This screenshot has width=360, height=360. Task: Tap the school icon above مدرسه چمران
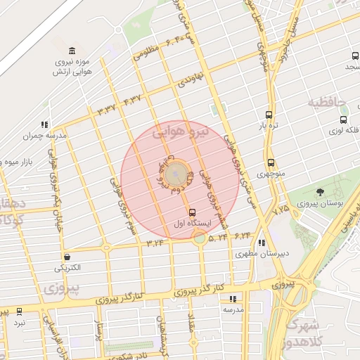coord(45,124)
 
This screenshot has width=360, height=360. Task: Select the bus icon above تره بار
coord(269,115)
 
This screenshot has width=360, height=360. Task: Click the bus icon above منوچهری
coord(271,162)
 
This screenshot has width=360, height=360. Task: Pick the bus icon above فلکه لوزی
coord(343,120)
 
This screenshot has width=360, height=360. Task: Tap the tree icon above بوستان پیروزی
coord(321,192)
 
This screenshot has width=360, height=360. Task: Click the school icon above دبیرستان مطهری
coord(262,243)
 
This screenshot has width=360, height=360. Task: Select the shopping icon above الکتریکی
coord(67,257)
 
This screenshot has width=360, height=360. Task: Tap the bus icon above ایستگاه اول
coord(192,212)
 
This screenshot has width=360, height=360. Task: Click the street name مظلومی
coord(147,50)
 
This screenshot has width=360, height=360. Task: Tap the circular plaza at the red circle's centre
coord(176,172)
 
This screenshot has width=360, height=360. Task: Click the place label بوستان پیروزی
coord(321,204)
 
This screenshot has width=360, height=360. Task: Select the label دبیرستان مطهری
coord(260,255)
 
